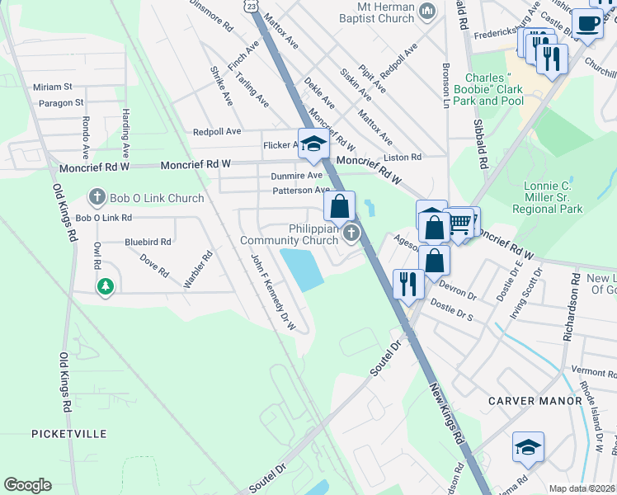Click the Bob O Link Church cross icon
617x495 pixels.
point(97,198)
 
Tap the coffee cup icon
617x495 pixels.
point(586,24)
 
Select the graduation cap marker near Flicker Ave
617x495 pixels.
point(313,144)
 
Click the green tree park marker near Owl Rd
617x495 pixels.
point(105,286)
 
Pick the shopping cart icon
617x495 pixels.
point(463,220)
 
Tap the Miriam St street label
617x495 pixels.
point(53,87)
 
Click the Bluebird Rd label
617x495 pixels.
point(148,243)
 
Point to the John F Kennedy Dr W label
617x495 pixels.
point(274,291)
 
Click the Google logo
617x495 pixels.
point(27,485)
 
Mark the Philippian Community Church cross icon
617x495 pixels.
point(352,233)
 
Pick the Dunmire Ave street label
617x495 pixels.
point(296,176)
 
